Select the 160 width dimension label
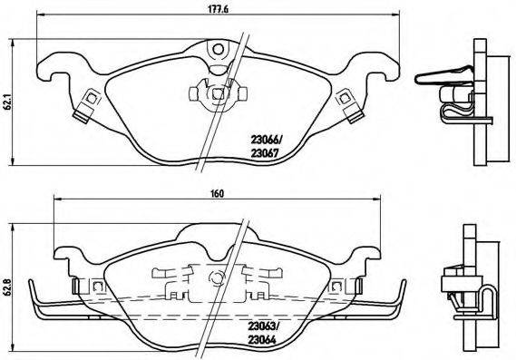218,193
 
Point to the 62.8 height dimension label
6,284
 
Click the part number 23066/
267,140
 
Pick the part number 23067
267,153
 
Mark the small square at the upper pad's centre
218,92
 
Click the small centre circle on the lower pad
215,277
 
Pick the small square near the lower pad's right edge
336,286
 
